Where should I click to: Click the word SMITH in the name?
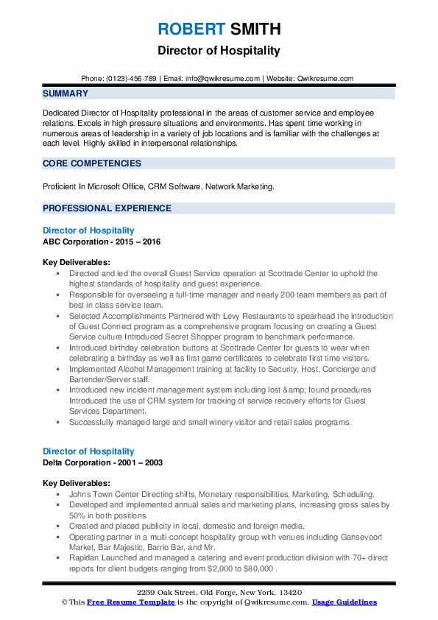pos(255,29)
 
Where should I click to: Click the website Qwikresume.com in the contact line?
pos(326,78)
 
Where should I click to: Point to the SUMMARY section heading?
pos(66,94)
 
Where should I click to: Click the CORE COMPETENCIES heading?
pos(91,163)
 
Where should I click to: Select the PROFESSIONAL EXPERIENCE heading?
pos(107,208)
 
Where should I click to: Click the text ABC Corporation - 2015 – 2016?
pos(102,242)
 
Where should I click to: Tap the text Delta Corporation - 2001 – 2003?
pos(102,462)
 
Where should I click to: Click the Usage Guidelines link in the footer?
pos(344,602)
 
